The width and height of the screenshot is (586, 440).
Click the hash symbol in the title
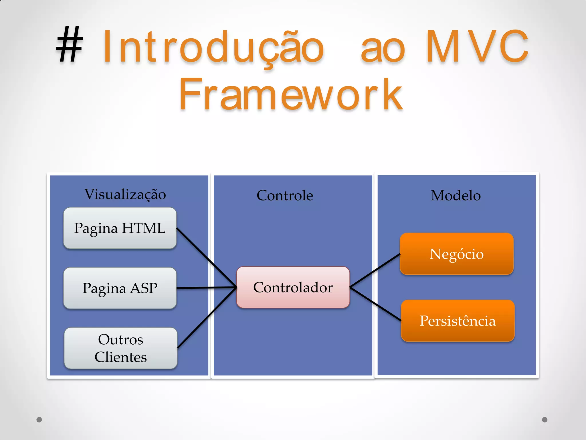click(x=70, y=45)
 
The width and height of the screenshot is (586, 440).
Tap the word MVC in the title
click(x=477, y=46)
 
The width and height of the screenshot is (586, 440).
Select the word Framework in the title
click(x=291, y=95)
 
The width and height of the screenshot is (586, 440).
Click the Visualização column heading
click(x=125, y=195)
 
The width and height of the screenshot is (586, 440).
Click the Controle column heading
click(x=285, y=196)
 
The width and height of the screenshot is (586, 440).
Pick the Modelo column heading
click(x=456, y=196)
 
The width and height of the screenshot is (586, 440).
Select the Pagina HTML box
click(x=120, y=228)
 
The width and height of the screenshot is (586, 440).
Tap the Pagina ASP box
click(x=120, y=288)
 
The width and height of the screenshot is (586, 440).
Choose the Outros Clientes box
click(x=120, y=348)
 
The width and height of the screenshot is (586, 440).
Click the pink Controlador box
click(x=293, y=287)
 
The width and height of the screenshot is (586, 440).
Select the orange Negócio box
click(x=456, y=254)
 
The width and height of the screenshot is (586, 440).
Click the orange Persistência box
click(x=457, y=321)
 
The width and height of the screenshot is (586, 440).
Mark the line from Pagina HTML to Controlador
click(x=206, y=257)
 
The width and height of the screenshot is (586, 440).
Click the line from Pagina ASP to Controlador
click(x=206, y=288)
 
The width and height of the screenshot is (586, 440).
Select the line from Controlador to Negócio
click(x=375, y=270)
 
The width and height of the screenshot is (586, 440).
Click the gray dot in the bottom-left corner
click(x=39, y=420)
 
